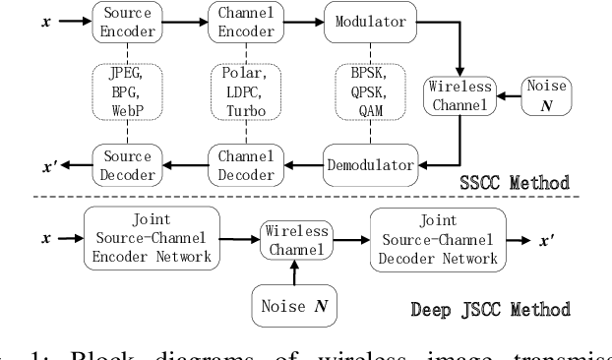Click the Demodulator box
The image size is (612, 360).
pos(371,165)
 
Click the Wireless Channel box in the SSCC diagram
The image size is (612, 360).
pos(453,93)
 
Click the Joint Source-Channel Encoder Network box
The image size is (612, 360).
pos(152,237)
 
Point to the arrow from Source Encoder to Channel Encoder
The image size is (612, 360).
pos(180,21)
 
